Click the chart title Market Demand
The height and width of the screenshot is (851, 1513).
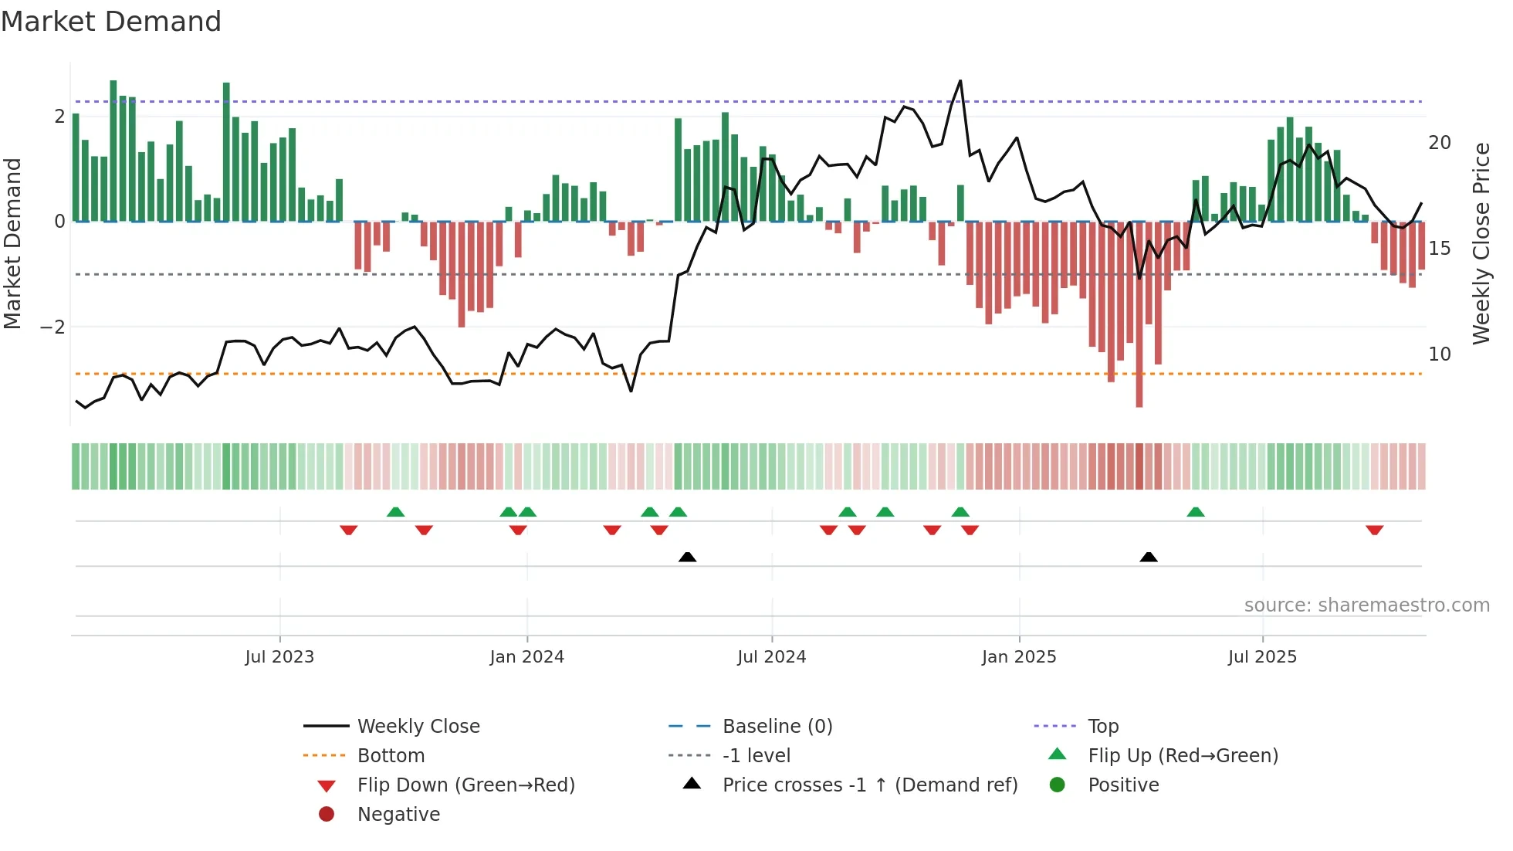111,22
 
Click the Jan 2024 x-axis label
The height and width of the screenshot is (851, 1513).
526,657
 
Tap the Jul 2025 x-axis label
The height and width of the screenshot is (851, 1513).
1262,657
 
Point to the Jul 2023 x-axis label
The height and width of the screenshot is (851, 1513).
279,657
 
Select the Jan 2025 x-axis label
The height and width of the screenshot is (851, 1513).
1019,657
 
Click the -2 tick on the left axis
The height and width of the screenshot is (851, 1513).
52,327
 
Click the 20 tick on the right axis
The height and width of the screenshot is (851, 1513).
1439,143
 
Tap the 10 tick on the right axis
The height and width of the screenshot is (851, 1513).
1439,354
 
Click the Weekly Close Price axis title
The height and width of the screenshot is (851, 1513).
1481,243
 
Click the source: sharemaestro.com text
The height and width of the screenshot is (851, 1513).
1366,605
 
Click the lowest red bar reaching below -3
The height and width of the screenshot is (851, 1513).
1139,402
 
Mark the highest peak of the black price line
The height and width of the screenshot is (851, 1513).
960,81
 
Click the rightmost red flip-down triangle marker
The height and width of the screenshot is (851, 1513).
1374,530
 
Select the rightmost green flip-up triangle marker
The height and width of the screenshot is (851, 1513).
1195,512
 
